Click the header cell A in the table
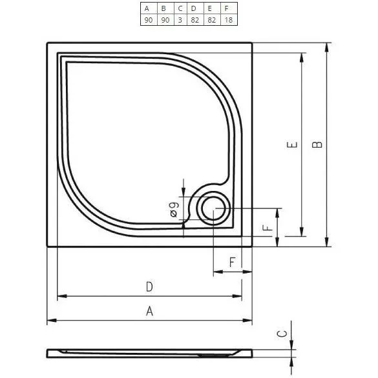pos(147,8)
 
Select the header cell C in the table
pos(179,8)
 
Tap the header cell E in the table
pos(211,8)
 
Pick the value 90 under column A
pos(147,20)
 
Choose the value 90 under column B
pos(163,20)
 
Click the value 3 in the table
pos(179,20)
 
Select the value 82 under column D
pos(194,20)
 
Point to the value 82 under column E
pos(211,20)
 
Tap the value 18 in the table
pos(227,20)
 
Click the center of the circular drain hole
pos(212,209)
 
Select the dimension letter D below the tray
pos(149,286)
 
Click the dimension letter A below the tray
pos(149,311)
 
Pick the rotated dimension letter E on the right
pos(292,145)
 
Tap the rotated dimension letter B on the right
pos(317,144)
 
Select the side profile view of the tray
pos(149,353)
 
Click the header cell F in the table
pos(227,8)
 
